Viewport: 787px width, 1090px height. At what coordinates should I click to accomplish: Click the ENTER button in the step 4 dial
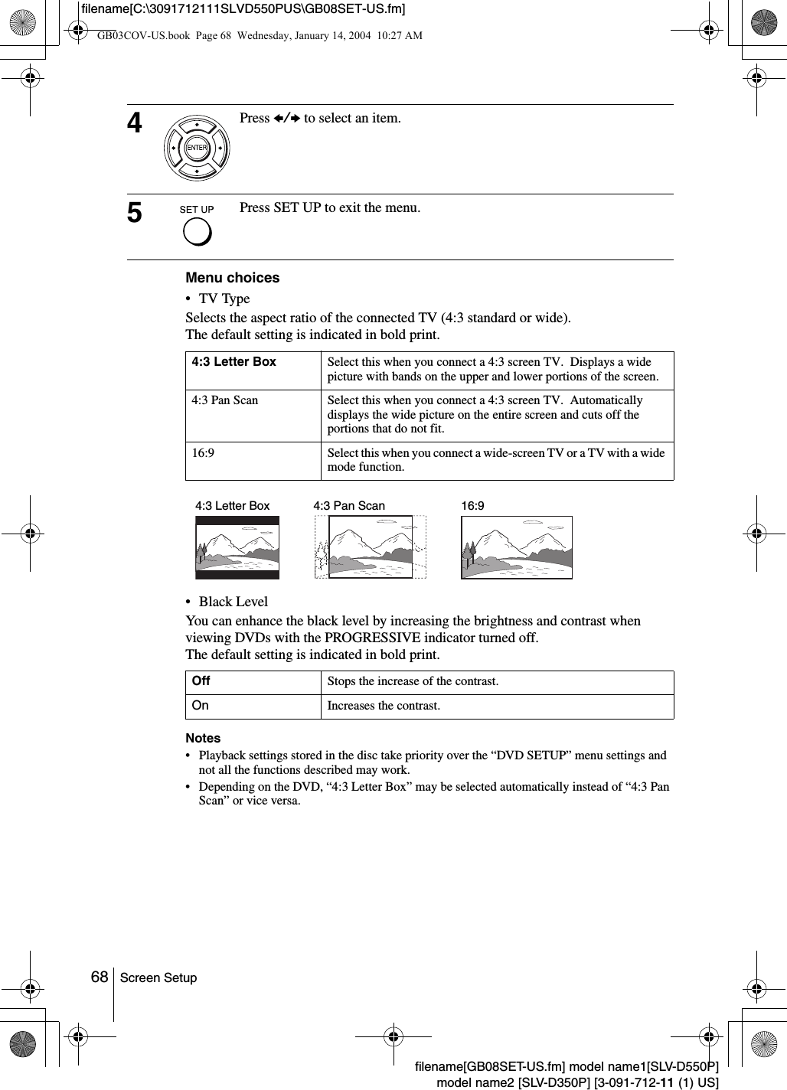(x=197, y=147)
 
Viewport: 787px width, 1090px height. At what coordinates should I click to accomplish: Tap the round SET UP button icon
(x=197, y=231)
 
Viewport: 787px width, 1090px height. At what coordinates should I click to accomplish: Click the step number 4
(x=135, y=122)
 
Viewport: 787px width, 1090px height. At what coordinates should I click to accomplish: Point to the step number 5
(x=135, y=212)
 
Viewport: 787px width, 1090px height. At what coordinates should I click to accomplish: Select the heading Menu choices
(x=233, y=278)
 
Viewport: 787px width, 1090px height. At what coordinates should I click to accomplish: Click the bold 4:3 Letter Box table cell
(x=234, y=362)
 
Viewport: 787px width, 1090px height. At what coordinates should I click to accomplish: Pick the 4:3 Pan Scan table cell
(x=225, y=400)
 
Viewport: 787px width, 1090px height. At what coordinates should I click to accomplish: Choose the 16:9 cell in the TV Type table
(x=203, y=453)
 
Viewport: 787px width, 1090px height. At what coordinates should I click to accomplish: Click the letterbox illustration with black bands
(x=237, y=547)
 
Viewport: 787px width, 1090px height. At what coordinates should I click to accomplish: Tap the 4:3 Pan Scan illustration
(x=371, y=547)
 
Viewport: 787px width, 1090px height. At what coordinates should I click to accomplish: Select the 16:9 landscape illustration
(x=517, y=547)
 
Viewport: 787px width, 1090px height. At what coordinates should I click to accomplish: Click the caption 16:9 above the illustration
(x=472, y=506)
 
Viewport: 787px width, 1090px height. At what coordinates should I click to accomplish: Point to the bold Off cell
(x=201, y=681)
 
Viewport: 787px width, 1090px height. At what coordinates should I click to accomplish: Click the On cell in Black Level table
(x=201, y=706)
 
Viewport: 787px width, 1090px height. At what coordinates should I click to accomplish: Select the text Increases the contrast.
(x=384, y=706)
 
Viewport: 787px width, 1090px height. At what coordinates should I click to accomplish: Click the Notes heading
(x=203, y=739)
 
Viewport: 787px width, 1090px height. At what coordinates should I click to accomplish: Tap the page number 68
(x=100, y=977)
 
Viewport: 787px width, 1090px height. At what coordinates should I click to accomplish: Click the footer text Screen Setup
(x=158, y=978)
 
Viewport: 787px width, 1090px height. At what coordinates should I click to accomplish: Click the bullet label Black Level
(x=233, y=602)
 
